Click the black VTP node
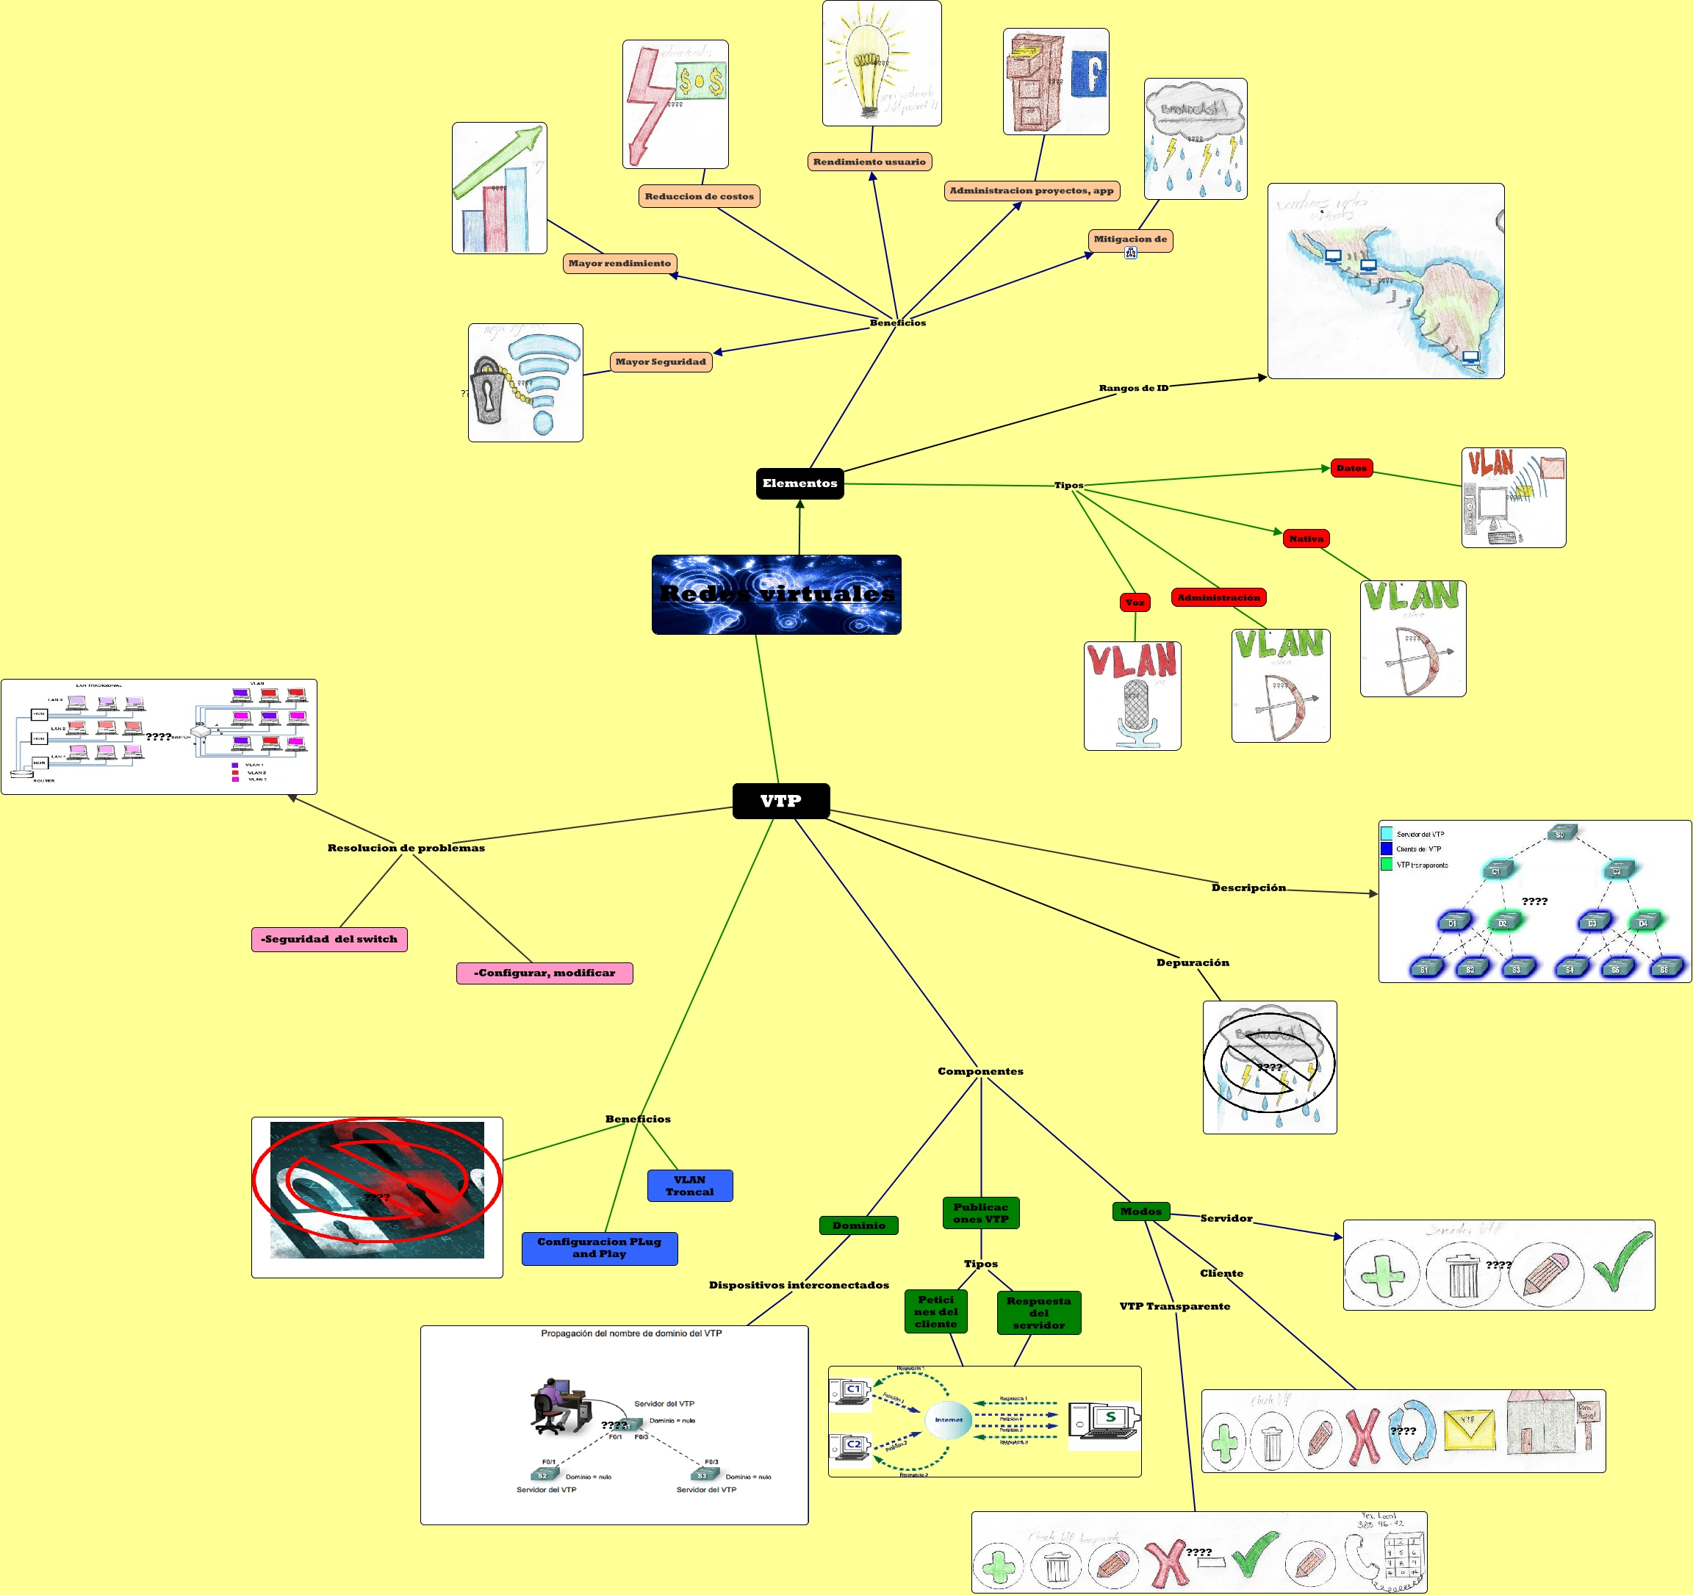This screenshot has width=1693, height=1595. coord(781,801)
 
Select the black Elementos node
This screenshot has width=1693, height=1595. coord(799,483)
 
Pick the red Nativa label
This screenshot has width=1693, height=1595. coord(1306,539)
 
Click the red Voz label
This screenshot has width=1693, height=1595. coord(1135,602)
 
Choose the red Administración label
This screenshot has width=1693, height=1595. coord(1218,597)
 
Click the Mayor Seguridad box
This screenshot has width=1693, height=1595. coord(661,362)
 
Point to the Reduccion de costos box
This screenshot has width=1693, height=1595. coord(700,196)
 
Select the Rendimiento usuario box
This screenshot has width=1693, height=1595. coord(869,161)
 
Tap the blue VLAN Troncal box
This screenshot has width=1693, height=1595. coord(690,1185)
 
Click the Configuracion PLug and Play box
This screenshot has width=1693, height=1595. coord(600,1247)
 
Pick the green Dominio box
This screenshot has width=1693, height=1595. coord(858,1225)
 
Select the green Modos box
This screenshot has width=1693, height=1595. coord(1140,1211)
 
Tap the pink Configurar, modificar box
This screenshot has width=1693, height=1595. coord(544,973)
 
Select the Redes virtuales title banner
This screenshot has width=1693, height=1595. coord(776,594)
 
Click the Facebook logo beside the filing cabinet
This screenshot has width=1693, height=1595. coord(1089,73)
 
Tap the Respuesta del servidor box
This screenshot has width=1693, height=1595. coord(1038,1312)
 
